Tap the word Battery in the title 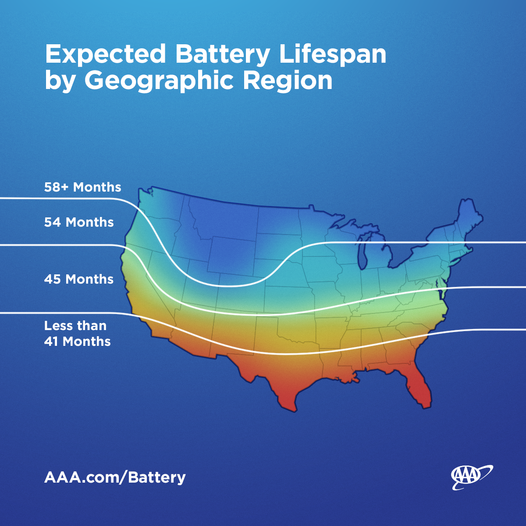point(223,55)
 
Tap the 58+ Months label point(82,187)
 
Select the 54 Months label point(79,222)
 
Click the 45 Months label point(79,279)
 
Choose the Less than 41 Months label point(77,334)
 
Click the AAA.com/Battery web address point(115,477)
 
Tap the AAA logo point(471,477)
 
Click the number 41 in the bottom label point(51,341)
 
